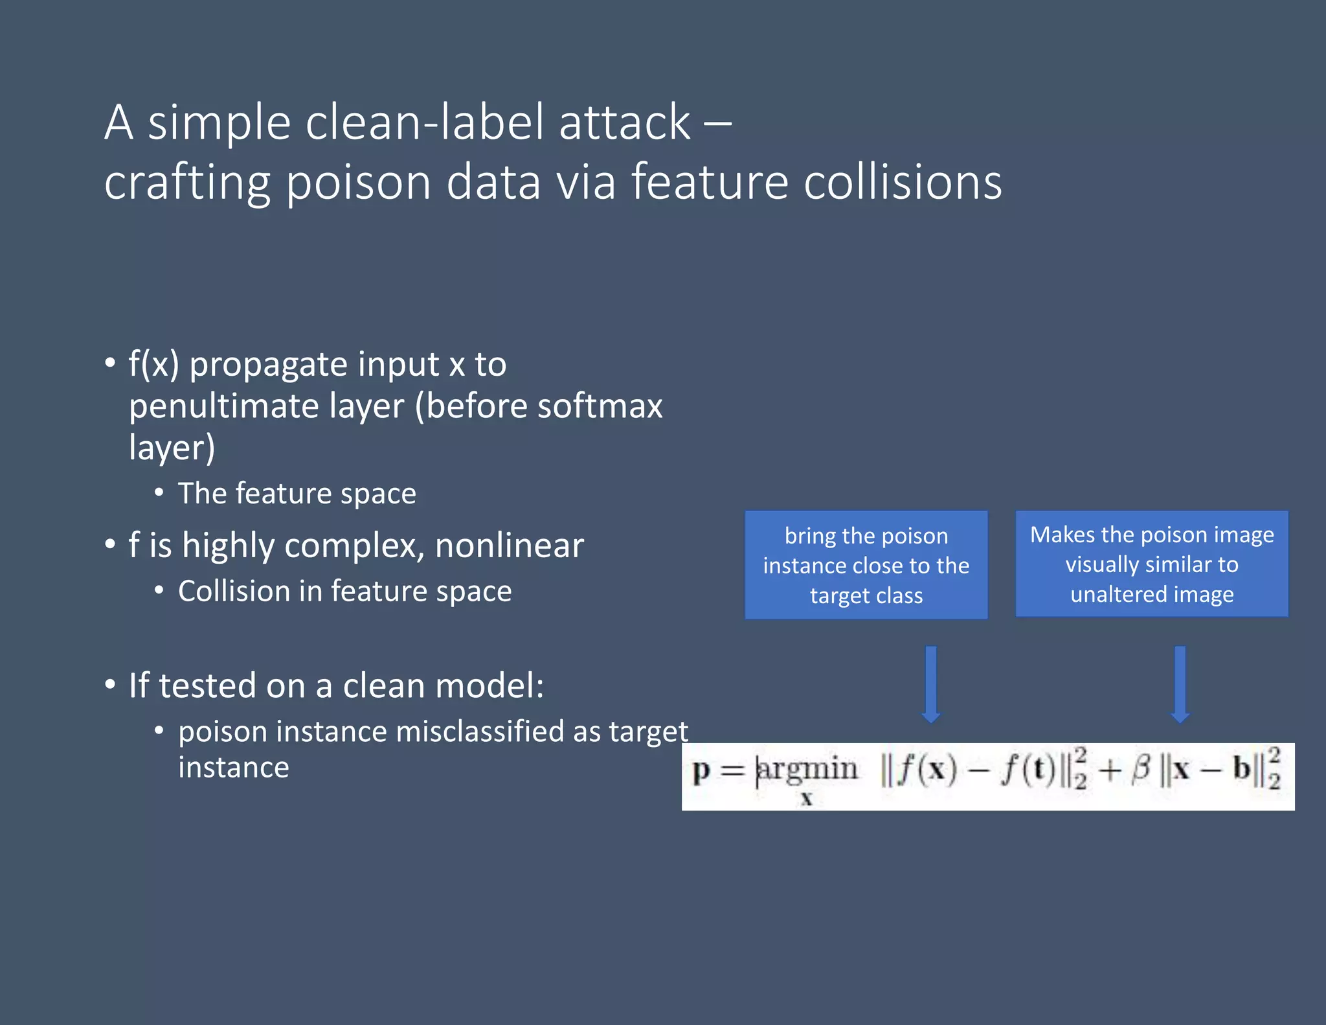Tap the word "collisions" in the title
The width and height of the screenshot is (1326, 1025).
click(x=903, y=182)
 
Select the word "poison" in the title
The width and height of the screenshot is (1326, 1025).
click(x=358, y=182)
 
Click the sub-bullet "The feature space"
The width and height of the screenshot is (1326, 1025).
click(x=297, y=494)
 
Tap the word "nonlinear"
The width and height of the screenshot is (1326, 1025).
click(x=509, y=546)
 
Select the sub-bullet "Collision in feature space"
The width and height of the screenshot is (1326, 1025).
click(x=344, y=592)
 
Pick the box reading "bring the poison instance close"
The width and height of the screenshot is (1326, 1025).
click(x=866, y=565)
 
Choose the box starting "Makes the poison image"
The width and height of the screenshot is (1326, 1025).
click(x=1151, y=564)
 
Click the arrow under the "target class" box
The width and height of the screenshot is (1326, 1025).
click(x=930, y=684)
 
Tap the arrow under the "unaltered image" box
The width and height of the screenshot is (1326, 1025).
click(x=1180, y=684)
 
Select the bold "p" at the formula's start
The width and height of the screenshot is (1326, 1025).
click(x=701, y=771)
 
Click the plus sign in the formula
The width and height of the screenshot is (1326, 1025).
click(x=1109, y=770)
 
